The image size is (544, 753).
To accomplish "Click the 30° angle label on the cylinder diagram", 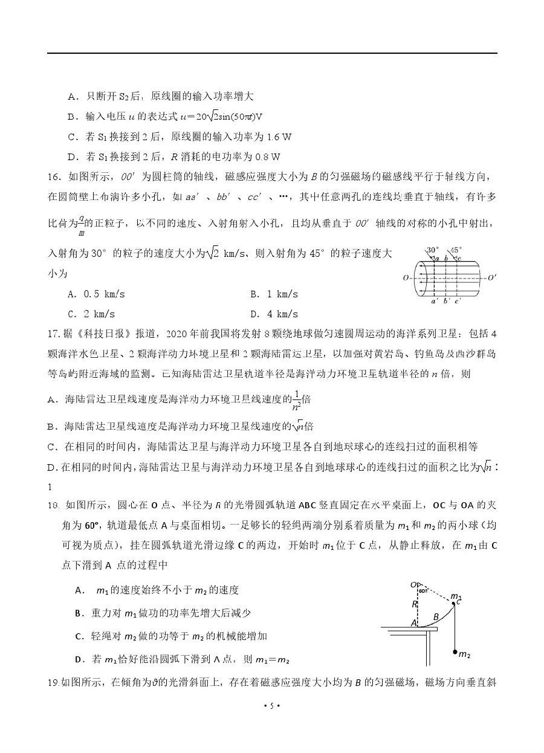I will point(432,250).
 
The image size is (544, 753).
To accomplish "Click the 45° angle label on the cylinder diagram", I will point(456,250).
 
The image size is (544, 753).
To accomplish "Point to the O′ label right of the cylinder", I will point(491,278).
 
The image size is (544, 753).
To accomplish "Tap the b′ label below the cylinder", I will point(447,300).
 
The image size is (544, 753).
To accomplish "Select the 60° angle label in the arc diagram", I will point(423,590).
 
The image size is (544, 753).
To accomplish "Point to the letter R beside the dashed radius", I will point(415,604).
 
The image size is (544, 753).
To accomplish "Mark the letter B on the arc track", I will point(435,616).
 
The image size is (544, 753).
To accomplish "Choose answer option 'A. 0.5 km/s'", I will point(98,294).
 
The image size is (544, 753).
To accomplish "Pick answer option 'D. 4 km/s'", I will point(274,314).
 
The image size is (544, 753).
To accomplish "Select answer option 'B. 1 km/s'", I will point(274,294).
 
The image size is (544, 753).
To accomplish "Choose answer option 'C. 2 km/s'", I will point(91,314).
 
